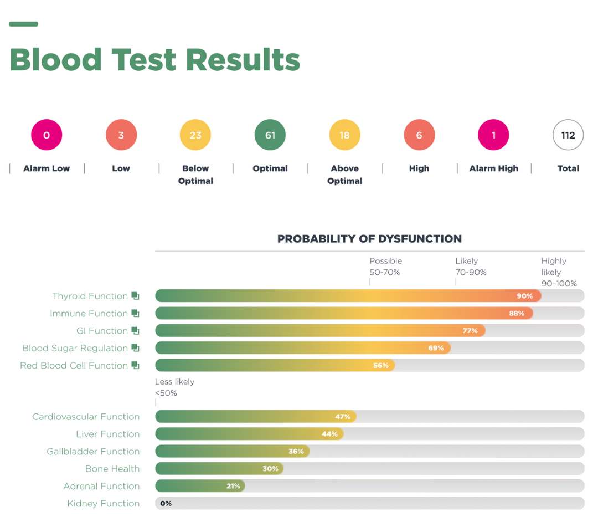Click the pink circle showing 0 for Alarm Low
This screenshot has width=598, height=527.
point(47,135)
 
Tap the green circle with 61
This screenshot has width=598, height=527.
point(270,135)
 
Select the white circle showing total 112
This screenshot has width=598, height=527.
point(568,135)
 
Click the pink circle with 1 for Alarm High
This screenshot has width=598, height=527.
point(493,135)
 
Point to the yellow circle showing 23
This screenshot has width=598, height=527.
point(195,135)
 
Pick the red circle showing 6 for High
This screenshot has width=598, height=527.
point(419,135)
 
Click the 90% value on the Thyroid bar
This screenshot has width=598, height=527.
point(524,296)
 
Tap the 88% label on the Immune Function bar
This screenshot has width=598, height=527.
point(517,313)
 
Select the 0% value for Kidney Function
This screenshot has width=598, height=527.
point(166,503)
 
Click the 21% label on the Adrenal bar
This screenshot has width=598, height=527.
point(233,486)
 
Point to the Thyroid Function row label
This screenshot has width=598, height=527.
point(90,296)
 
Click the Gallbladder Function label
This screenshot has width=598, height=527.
point(93,452)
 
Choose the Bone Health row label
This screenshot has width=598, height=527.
point(112,469)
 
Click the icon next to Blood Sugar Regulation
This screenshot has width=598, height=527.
point(135,348)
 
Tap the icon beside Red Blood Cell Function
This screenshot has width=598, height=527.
point(135,365)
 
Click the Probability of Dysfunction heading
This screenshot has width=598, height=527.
point(369,239)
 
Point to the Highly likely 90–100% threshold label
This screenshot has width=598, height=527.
point(559,272)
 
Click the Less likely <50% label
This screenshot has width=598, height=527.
point(174,387)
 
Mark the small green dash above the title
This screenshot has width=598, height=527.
point(23,24)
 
